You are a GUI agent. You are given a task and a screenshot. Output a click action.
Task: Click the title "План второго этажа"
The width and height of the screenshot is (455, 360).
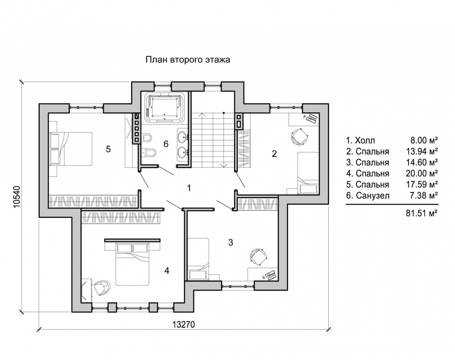tap(188, 60)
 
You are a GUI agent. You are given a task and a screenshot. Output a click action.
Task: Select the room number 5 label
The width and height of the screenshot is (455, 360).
tap(108, 149)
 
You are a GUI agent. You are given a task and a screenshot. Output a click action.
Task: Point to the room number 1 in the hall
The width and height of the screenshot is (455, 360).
tap(189, 188)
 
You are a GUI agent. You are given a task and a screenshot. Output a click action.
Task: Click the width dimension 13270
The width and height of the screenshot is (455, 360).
tap(184, 325)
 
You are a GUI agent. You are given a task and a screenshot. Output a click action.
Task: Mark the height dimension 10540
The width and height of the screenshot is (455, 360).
tap(17, 197)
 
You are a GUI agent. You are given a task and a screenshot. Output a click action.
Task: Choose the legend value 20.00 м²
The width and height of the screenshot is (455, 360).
tap(422, 174)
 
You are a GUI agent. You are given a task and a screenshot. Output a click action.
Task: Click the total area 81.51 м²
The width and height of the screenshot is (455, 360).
tap(422, 213)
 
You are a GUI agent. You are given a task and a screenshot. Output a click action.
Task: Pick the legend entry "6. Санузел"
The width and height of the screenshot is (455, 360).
tap(367, 196)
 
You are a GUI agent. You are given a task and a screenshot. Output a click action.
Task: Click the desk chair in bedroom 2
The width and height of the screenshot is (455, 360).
tap(299, 137)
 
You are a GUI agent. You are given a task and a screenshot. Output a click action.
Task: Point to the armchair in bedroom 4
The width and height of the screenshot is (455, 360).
tap(102, 287)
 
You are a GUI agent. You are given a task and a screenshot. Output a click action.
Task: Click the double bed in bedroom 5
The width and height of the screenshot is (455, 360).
tap(71, 149)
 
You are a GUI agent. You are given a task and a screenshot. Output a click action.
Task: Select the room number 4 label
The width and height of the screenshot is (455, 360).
tap(167, 270)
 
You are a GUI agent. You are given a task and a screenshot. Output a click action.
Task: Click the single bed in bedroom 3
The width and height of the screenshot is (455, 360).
tap(198, 259)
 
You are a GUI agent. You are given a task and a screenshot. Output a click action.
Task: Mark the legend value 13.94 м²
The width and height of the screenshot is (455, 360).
tap(422, 151)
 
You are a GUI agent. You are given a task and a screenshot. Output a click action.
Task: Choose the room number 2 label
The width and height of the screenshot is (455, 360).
tap(274, 154)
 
